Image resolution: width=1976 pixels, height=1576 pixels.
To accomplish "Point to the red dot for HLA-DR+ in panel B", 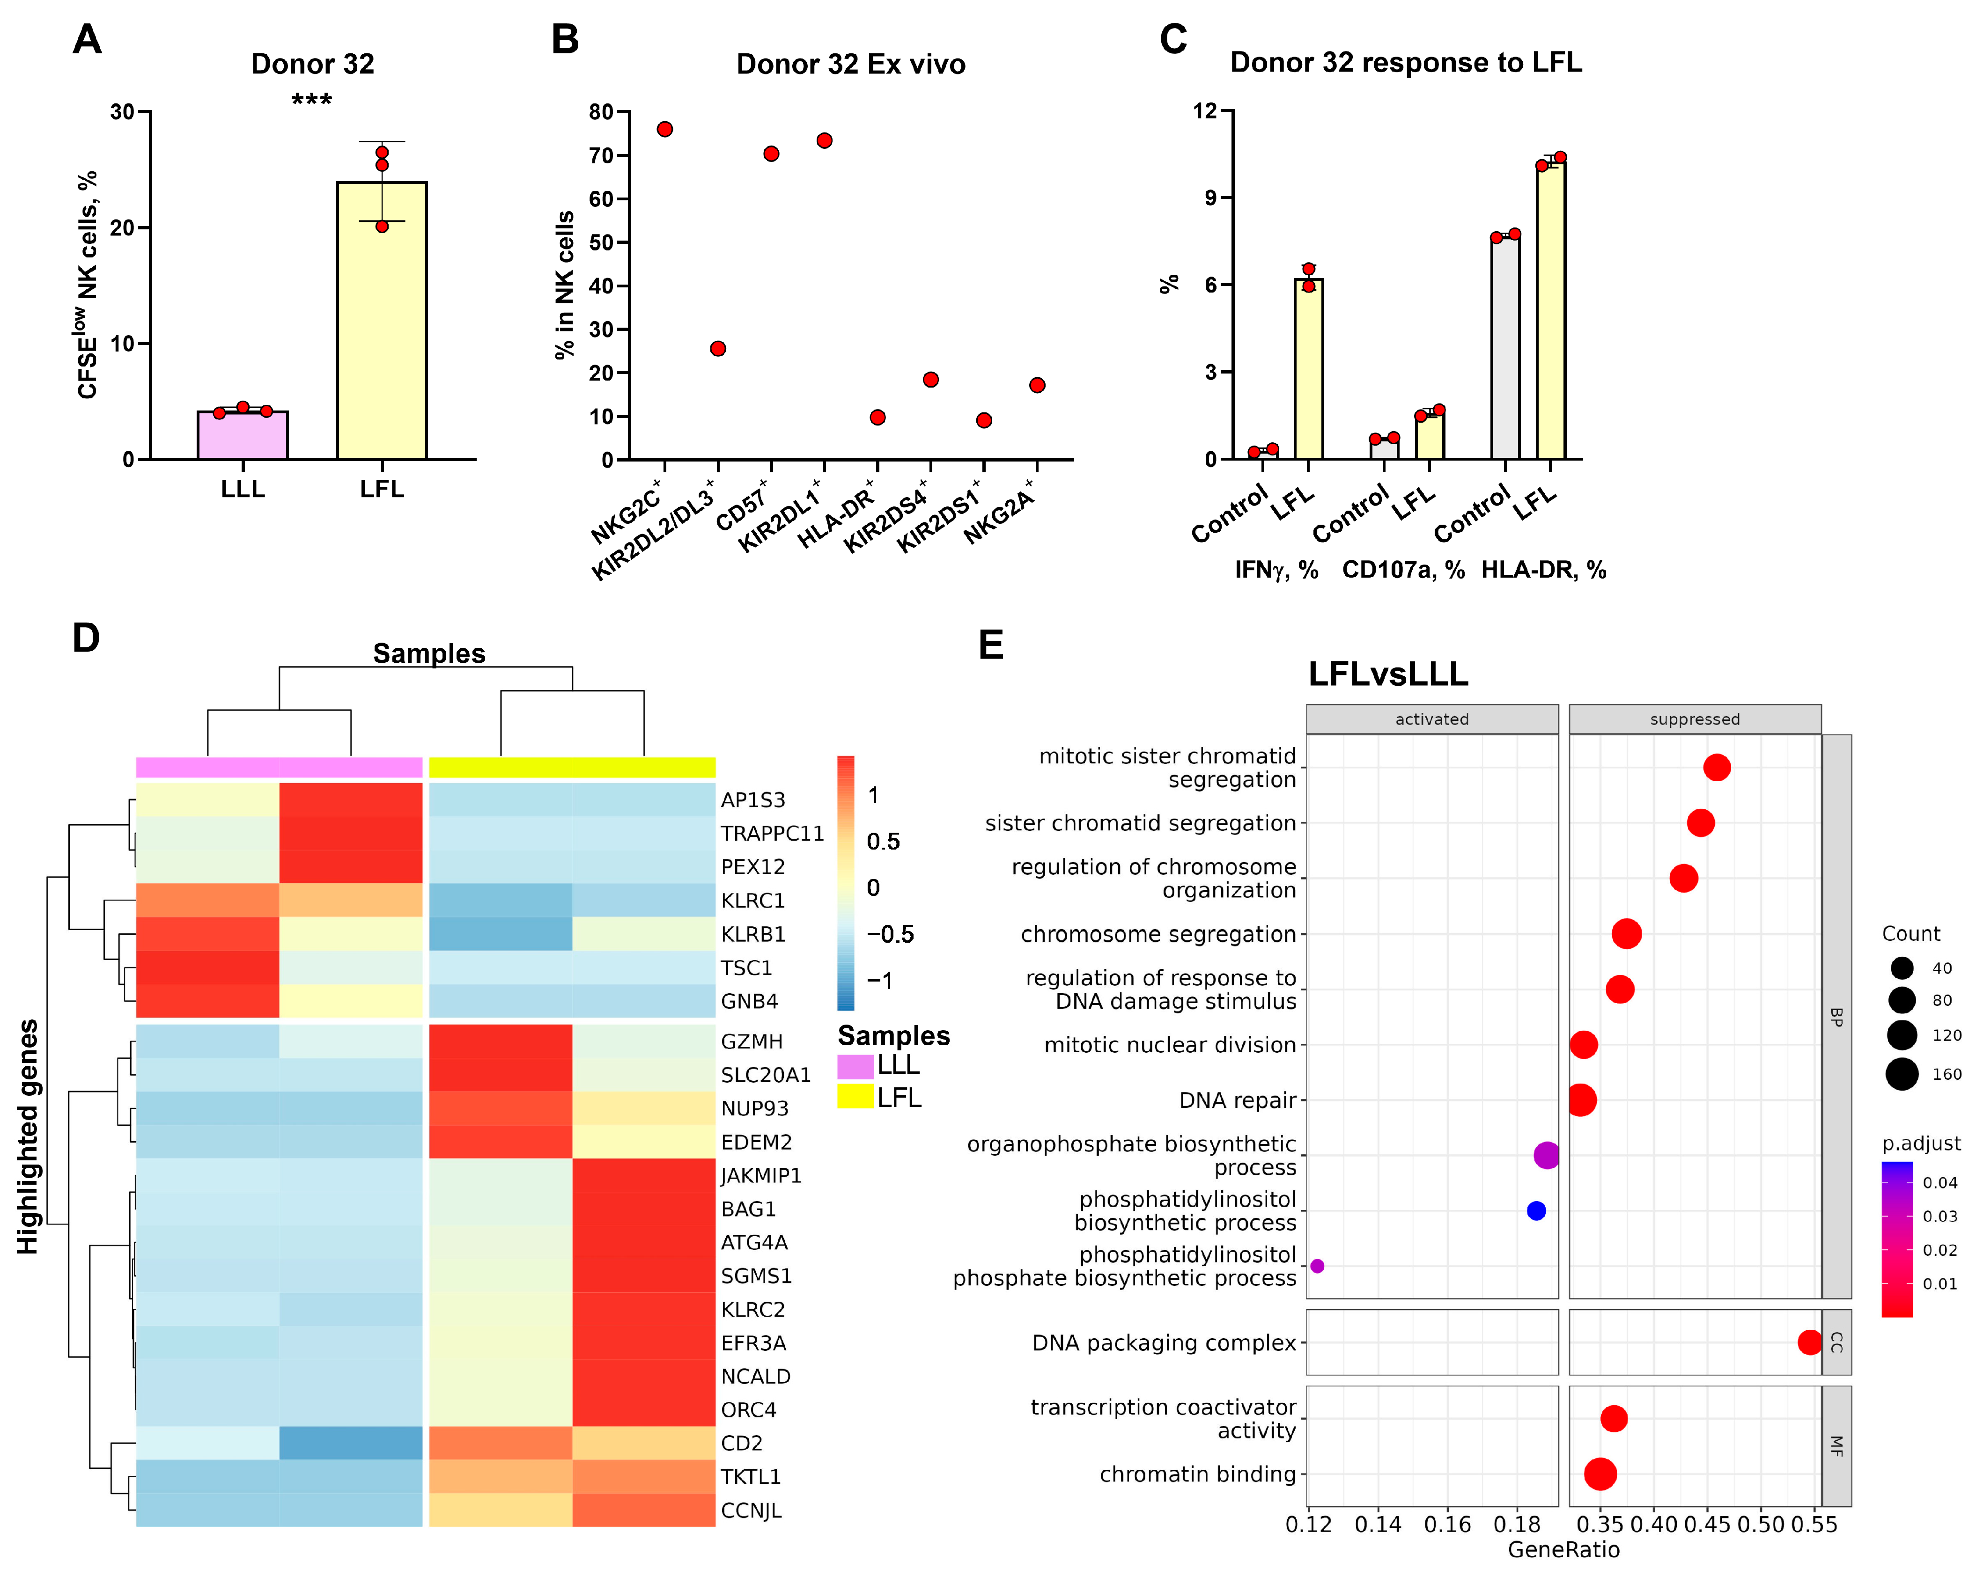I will pyautogui.click(x=877, y=417).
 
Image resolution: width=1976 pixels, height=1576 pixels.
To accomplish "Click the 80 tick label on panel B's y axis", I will pyautogui.click(x=601, y=112).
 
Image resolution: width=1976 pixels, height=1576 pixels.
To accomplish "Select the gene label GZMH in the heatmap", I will pyautogui.click(x=752, y=1042).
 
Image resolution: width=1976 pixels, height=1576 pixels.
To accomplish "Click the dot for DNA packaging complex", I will pyautogui.click(x=1809, y=1342).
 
